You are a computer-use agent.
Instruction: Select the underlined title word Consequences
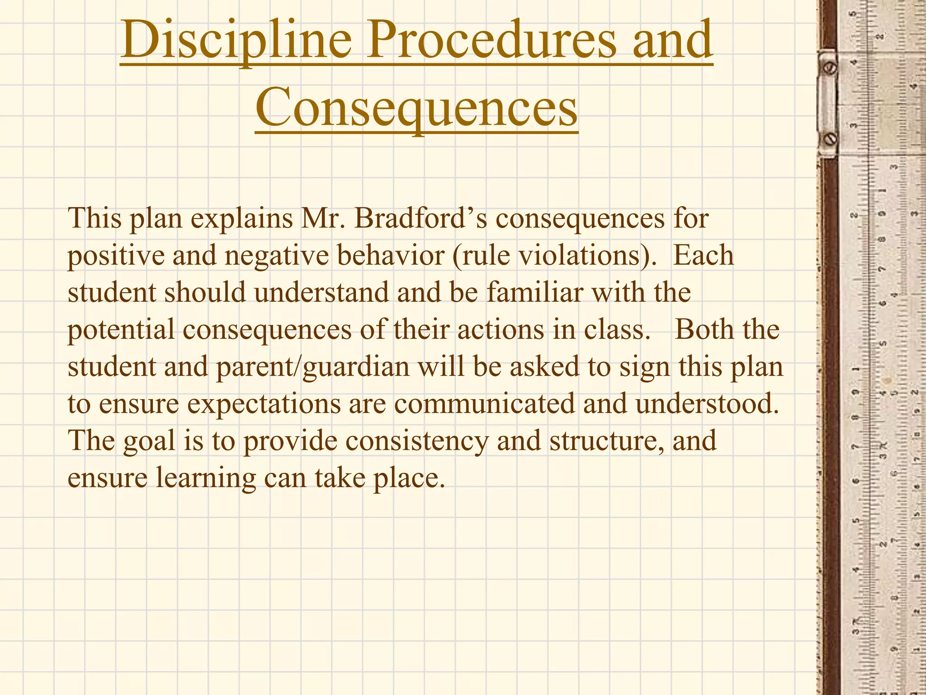[x=416, y=109]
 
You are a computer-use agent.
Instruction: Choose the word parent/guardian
[x=312, y=367]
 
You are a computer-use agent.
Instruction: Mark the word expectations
[x=264, y=404]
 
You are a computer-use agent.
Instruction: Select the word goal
[x=149, y=442]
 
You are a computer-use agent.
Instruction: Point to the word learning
[x=206, y=479]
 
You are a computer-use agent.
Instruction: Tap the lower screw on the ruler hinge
[x=831, y=139]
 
